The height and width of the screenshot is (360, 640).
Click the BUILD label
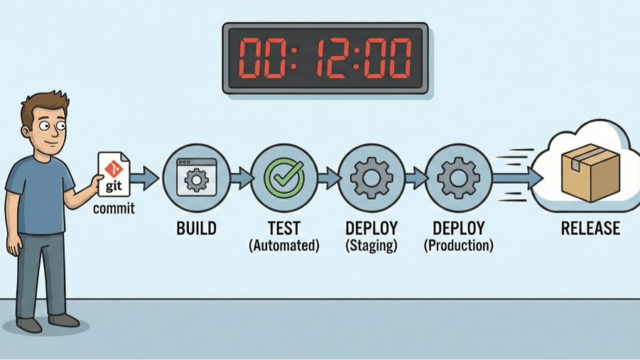[196, 228]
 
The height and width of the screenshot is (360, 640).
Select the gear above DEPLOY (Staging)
[371, 178]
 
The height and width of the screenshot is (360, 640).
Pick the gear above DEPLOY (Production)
[458, 178]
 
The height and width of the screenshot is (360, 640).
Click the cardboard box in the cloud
[590, 173]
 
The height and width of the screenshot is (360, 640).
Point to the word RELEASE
[590, 228]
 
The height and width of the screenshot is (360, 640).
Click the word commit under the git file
[114, 209]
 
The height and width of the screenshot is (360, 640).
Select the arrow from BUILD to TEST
[242, 178]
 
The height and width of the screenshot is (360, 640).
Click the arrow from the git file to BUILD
[144, 178]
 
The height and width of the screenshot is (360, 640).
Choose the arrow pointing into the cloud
[518, 178]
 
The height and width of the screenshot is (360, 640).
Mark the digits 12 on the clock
[331, 58]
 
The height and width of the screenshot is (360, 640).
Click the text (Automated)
[284, 245]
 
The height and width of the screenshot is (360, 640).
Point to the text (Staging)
[371, 245]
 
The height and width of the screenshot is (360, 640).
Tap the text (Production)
[458, 245]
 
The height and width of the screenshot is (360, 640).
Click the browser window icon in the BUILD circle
[196, 178]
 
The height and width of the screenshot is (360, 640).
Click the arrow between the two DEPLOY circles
[416, 178]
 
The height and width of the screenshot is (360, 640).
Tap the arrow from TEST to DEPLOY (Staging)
[329, 178]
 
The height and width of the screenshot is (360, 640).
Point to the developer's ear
[26, 131]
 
